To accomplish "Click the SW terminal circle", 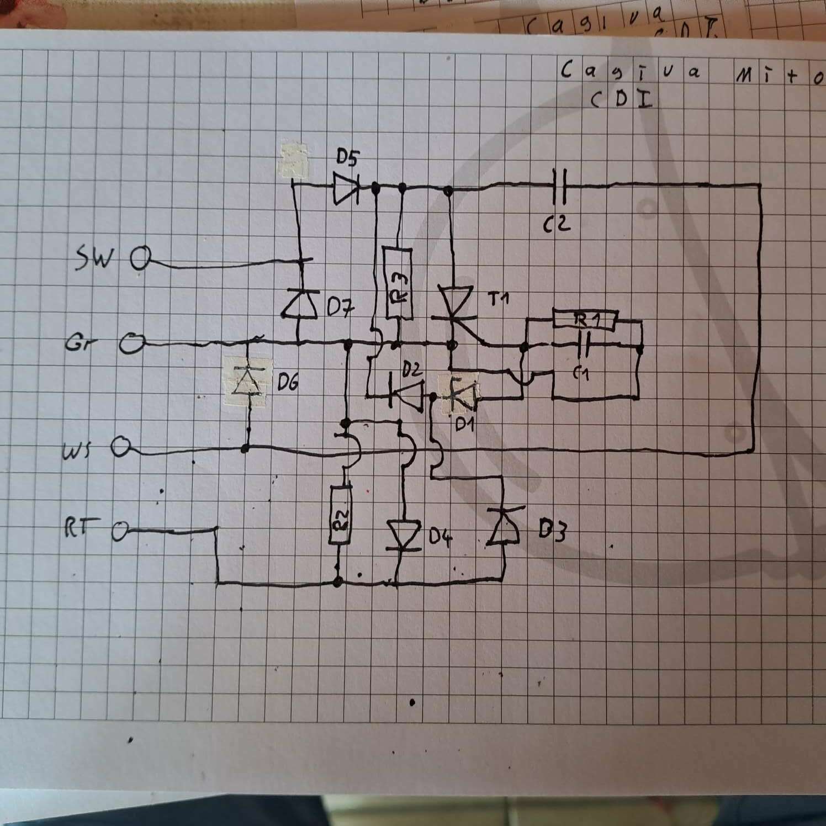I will click(x=141, y=258).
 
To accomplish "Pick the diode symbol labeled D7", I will click(x=300, y=305).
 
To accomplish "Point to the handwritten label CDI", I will click(x=621, y=99).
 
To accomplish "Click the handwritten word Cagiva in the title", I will click(x=630, y=72).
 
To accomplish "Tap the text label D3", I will click(x=552, y=531).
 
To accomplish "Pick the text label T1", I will click(x=499, y=299).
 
